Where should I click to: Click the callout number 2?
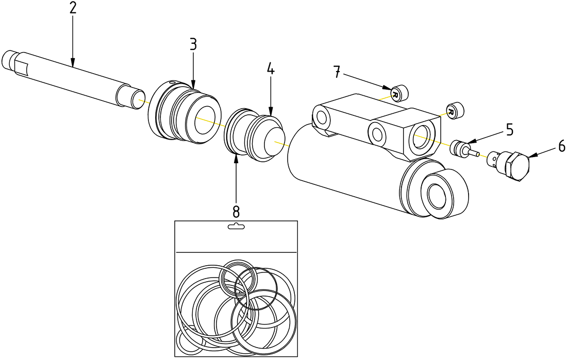(73, 9)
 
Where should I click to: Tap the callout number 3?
(193, 44)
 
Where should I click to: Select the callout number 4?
(271, 68)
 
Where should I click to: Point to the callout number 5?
(509, 130)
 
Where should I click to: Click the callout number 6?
(561, 147)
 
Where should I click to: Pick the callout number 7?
(337, 72)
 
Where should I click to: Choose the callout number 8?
(236, 211)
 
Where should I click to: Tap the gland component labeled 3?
(183, 111)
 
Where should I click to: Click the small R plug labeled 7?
(398, 93)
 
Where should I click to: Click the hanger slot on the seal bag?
(236, 227)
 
